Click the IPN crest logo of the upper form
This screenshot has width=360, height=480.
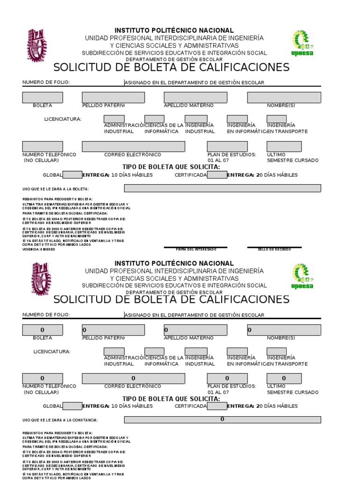[37, 45]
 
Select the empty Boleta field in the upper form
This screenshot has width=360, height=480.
[42, 97]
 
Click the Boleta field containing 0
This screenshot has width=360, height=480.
[42, 330]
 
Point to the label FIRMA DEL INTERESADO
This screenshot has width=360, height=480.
[196, 249]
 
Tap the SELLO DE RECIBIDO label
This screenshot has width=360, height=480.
[274, 249]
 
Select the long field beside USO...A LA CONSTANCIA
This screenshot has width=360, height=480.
[222, 420]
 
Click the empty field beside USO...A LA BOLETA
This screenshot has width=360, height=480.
[222, 188]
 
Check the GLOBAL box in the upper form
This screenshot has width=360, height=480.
[72, 175]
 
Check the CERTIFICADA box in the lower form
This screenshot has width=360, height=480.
[217, 406]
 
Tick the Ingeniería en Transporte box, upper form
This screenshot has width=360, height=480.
[277, 119]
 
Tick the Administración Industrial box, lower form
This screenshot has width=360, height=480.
[114, 352]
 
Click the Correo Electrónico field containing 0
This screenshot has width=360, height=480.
[133, 378]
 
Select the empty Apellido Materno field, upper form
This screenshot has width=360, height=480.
[195, 97]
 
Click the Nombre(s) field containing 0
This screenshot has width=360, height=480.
[284, 330]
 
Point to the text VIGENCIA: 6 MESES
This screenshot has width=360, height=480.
[38, 249]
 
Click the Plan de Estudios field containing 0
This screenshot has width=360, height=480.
[227, 378]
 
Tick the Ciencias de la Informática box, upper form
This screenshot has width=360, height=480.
[154, 119]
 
